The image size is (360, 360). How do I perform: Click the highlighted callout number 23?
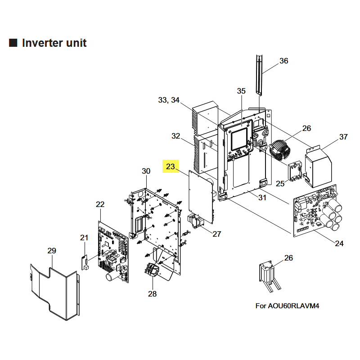coord(171,166)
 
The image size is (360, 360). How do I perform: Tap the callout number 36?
coord(283,61)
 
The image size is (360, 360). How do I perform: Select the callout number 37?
coord(343,137)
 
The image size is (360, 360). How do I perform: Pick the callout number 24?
coord(339,243)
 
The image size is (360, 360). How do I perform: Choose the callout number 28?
coord(153,294)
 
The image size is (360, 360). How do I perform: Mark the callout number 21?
coord(84,238)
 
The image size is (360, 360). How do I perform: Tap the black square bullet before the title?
coord(13,43)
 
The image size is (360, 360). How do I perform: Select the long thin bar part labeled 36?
coord(259,75)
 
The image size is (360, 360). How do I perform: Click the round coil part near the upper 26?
coord(281,150)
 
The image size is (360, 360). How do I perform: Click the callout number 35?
coord(241,91)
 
